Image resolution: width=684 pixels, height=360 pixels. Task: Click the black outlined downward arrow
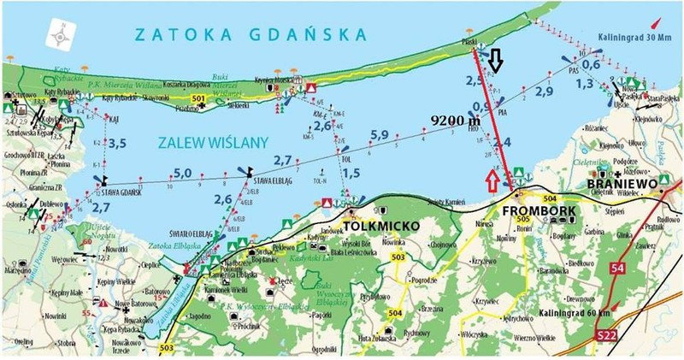497,62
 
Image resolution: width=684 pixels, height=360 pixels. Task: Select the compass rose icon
61,37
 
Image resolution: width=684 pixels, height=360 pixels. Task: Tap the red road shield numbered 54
618,269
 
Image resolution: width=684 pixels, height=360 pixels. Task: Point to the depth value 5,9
380,134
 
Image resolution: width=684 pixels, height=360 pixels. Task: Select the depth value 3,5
117,142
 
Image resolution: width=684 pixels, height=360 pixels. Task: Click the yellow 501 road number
198,100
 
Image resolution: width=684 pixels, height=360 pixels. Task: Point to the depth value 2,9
545,91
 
